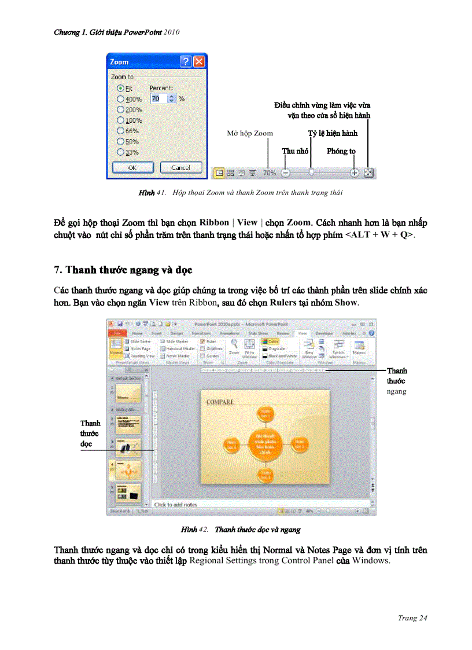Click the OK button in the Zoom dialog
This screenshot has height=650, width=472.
click(x=132, y=167)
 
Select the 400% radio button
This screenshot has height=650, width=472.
click(x=121, y=99)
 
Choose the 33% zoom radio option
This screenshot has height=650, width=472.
click(x=121, y=152)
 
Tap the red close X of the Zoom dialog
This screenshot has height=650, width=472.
click(x=199, y=61)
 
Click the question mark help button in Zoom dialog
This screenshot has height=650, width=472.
click(x=186, y=61)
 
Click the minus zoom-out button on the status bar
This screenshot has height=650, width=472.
click(x=285, y=172)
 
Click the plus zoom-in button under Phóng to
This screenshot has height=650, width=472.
click(x=355, y=172)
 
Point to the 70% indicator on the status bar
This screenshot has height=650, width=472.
click(x=270, y=172)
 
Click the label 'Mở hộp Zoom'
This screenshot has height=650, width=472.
click(x=250, y=134)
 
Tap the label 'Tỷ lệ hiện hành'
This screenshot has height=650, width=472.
click(x=333, y=133)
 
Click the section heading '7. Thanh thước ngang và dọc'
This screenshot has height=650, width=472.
click(x=123, y=270)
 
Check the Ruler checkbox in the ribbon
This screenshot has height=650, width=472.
click(x=202, y=341)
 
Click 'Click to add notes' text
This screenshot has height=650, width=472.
click(x=176, y=505)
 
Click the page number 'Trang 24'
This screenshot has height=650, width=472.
click(x=412, y=618)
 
